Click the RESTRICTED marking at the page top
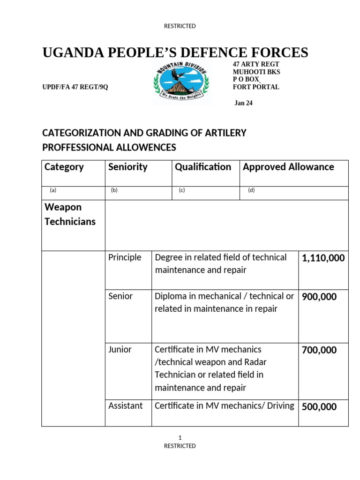(x=180, y=26)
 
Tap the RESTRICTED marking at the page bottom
(x=180, y=446)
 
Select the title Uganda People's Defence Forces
(x=175, y=52)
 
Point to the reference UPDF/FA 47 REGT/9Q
(x=75, y=87)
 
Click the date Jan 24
(x=243, y=103)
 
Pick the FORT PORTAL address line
(x=256, y=87)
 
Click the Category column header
(x=64, y=167)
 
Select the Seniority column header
(x=127, y=167)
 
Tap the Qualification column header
(x=203, y=167)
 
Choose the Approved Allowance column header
(x=288, y=167)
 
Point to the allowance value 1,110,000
(x=323, y=258)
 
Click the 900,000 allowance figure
(x=319, y=297)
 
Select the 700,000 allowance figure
(x=319, y=350)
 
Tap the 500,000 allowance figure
(x=319, y=407)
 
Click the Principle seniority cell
(x=125, y=257)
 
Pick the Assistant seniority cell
(x=126, y=406)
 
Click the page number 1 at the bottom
(x=180, y=437)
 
